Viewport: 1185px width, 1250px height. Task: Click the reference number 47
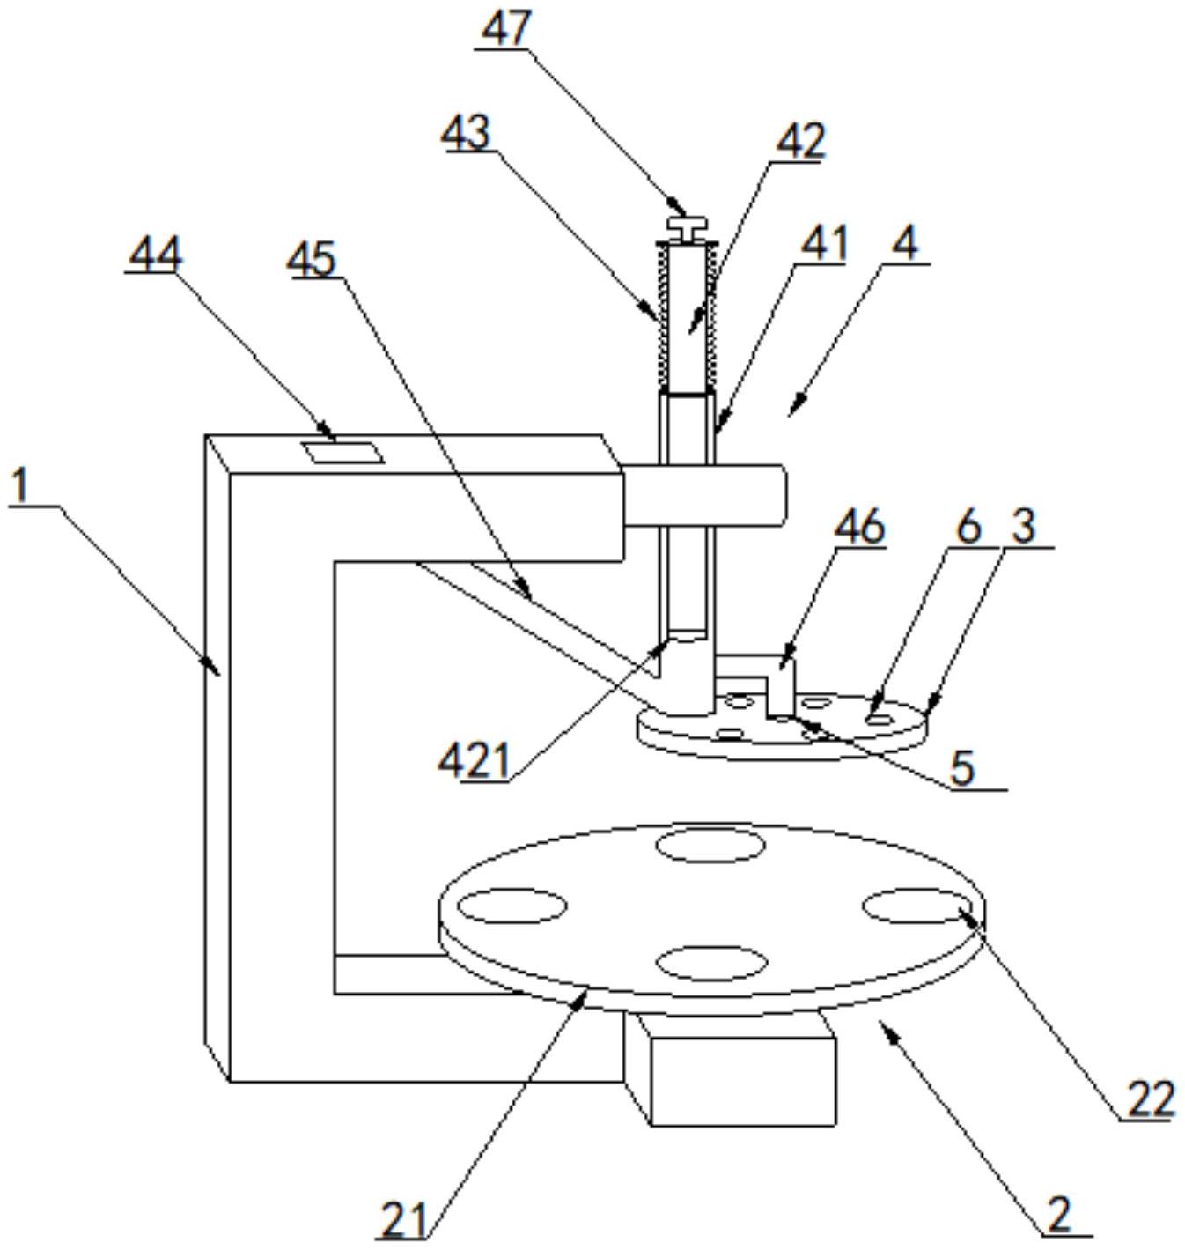click(505, 29)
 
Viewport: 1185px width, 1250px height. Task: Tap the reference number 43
click(467, 133)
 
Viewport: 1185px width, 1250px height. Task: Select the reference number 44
click(155, 255)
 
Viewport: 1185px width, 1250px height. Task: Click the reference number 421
click(475, 762)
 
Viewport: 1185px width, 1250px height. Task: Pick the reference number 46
click(860, 527)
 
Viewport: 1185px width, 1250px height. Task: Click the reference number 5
click(962, 769)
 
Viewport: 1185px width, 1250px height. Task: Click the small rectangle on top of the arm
click(342, 452)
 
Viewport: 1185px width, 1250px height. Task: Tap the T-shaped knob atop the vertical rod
click(687, 228)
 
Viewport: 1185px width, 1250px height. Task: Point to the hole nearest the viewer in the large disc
click(710, 963)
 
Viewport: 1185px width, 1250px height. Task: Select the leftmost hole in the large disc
click(512, 906)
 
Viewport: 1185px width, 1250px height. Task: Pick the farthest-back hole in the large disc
click(710, 845)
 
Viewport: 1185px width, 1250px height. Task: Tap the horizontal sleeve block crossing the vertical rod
click(704, 496)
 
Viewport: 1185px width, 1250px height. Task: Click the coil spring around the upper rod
click(688, 316)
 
